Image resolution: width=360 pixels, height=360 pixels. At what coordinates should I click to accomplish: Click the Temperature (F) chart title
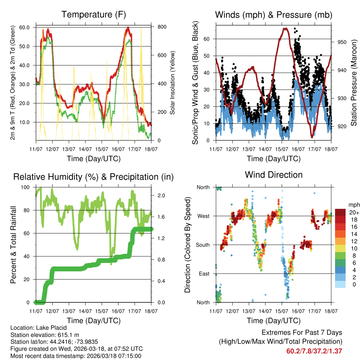click(94, 15)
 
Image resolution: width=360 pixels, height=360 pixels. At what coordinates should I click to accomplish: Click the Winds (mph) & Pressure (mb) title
click(274, 15)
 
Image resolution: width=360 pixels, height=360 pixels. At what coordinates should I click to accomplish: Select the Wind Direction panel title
click(274, 175)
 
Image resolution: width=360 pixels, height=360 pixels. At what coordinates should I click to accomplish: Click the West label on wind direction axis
click(203, 216)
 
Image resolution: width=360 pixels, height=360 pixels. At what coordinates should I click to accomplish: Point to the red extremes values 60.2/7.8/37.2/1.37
click(314, 351)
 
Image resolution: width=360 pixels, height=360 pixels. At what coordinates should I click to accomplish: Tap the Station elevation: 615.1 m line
click(45, 335)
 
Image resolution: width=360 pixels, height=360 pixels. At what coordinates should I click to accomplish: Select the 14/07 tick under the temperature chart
click(85, 149)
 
